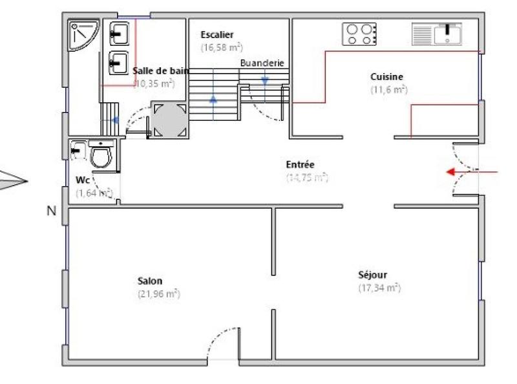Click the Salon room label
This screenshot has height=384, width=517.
point(150,281)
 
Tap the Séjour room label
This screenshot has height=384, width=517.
point(373,275)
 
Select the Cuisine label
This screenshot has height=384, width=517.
point(387,76)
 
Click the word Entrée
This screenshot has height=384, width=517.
point(300,165)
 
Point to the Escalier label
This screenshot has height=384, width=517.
point(217,35)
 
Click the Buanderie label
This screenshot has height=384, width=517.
point(262,63)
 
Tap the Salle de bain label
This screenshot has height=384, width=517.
point(160,71)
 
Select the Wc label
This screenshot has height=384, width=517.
point(82,180)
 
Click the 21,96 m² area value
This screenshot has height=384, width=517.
point(158,294)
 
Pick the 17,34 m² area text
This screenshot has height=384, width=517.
point(379,288)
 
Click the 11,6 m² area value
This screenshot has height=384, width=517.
point(388,90)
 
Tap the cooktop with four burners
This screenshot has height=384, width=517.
point(359,34)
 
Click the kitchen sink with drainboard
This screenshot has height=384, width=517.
point(437,34)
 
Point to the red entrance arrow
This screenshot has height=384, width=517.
point(472,172)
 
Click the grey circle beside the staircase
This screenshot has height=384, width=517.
point(169,120)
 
